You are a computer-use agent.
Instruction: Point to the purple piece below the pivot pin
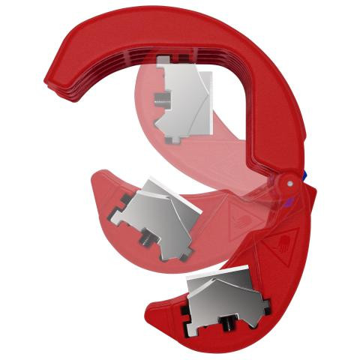click(287, 199)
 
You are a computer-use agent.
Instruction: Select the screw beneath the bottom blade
click(226, 325)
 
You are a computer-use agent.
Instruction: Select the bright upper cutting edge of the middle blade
click(161, 184)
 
